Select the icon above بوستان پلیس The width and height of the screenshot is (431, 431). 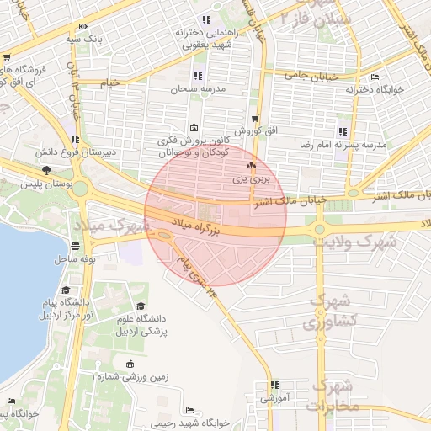(x=45, y=171)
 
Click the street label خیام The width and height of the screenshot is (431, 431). (x=110, y=82)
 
